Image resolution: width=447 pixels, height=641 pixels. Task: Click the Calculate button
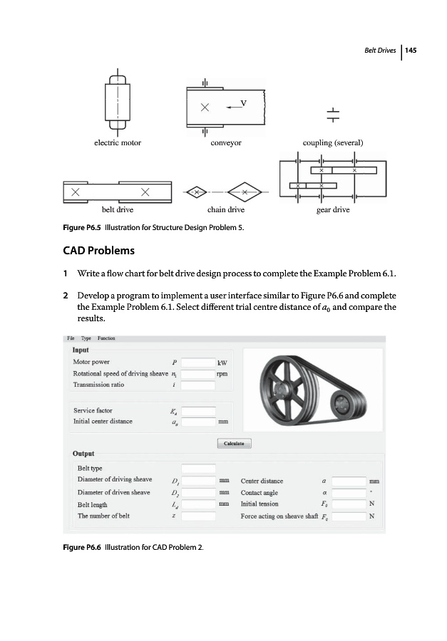[234, 444]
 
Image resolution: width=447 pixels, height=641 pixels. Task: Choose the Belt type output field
[198, 469]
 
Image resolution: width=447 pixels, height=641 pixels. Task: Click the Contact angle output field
[349, 492]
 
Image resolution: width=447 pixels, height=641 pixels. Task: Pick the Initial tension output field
[349, 504]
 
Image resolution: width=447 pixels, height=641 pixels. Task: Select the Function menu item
[107, 338]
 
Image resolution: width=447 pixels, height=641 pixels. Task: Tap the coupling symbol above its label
[332, 114]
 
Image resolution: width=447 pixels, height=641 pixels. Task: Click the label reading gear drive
[332, 210]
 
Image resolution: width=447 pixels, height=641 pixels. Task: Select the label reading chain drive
[225, 210]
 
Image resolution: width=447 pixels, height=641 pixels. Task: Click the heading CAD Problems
[98, 251]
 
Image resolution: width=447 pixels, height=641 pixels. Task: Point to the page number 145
[411, 51]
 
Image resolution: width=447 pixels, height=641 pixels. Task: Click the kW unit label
[222, 362]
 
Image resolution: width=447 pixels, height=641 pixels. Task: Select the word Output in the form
[83, 454]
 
